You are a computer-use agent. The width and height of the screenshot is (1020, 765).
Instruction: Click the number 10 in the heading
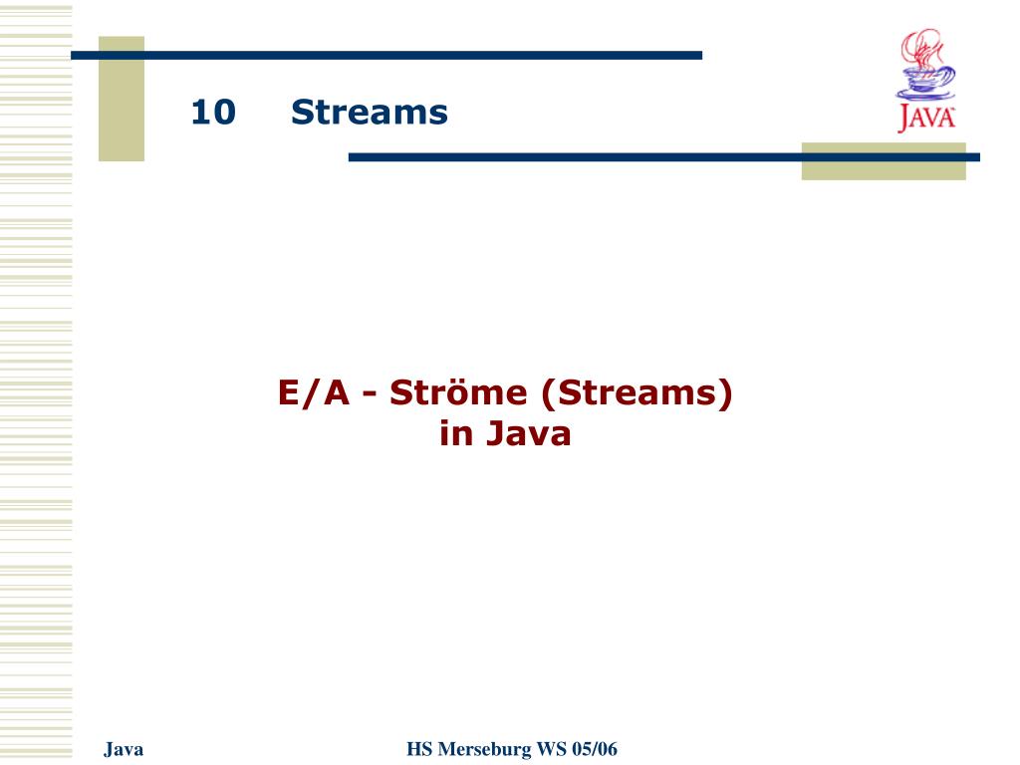213,112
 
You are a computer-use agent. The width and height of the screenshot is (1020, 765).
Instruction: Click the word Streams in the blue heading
369,112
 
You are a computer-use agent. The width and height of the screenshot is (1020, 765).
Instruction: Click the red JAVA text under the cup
926,119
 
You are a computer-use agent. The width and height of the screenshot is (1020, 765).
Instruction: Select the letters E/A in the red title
314,392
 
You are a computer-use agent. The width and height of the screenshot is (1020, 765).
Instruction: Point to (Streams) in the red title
637,392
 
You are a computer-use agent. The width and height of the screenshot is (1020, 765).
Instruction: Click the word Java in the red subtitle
528,434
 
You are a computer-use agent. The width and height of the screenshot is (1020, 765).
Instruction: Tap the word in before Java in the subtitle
456,434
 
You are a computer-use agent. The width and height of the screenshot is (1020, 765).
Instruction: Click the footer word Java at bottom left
124,749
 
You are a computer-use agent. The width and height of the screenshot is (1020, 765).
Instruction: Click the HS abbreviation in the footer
419,749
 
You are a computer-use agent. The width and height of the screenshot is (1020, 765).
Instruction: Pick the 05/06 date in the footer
595,749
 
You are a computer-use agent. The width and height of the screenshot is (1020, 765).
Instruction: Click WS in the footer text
551,749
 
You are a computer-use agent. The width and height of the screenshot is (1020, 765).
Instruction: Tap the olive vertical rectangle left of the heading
122,99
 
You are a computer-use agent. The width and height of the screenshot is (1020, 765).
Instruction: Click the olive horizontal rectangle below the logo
884,161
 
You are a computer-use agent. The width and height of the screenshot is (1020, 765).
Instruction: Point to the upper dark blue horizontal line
386,56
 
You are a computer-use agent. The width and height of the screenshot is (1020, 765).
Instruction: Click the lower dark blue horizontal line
664,157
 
